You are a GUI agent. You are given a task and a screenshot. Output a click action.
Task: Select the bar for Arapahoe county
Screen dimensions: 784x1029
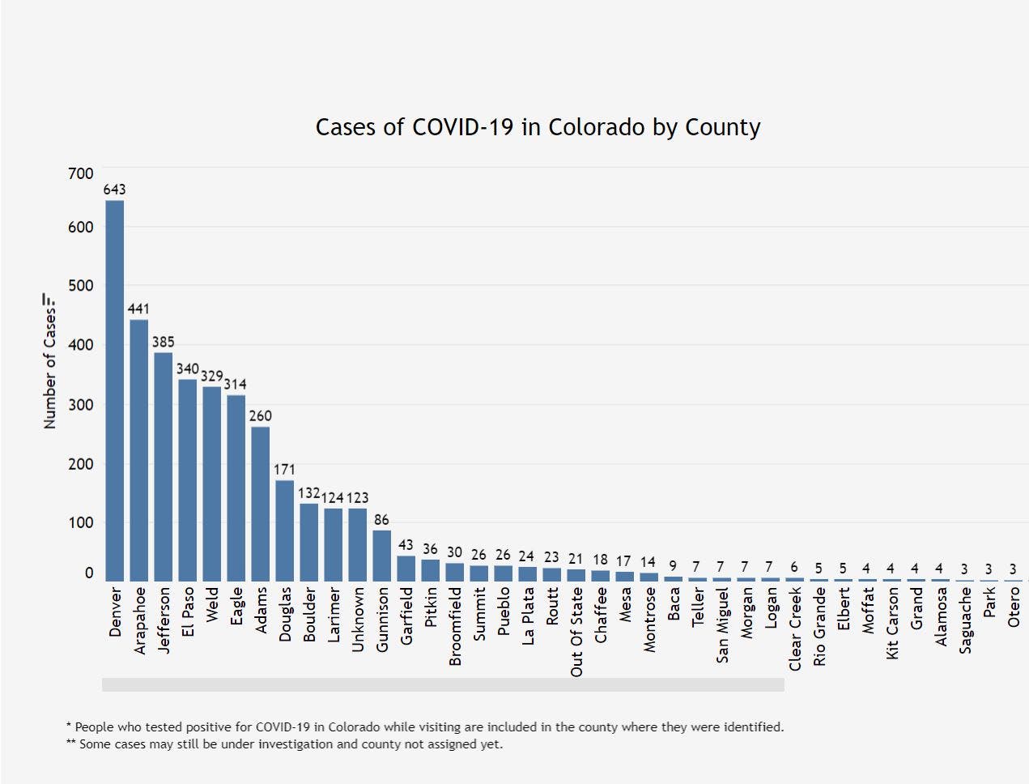point(139,450)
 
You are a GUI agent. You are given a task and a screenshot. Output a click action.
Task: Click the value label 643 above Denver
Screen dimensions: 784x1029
point(115,190)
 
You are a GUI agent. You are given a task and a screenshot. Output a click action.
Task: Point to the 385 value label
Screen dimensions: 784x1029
point(164,342)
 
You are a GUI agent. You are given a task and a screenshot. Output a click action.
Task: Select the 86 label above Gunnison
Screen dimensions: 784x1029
point(381,520)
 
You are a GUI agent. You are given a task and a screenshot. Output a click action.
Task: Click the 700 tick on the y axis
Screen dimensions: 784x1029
point(81,173)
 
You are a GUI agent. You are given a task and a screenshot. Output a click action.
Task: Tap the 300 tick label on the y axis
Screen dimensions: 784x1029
point(81,405)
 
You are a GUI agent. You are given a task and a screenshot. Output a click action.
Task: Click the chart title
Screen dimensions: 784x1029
point(538,127)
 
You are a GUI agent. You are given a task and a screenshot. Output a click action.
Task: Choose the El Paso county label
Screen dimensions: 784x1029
point(188,611)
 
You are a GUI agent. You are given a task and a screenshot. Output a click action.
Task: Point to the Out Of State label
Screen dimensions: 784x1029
point(576,632)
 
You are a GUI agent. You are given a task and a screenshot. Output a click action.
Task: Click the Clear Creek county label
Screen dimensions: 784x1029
point(795,628)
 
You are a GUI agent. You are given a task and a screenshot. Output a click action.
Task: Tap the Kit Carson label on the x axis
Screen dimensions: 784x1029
point(892,623)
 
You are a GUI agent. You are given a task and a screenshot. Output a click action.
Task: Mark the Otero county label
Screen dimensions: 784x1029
point(1014,607)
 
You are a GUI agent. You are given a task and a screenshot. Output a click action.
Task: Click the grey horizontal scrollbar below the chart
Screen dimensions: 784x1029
point(443,684)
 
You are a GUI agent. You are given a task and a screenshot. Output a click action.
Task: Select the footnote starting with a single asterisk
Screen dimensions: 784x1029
point(424,726)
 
